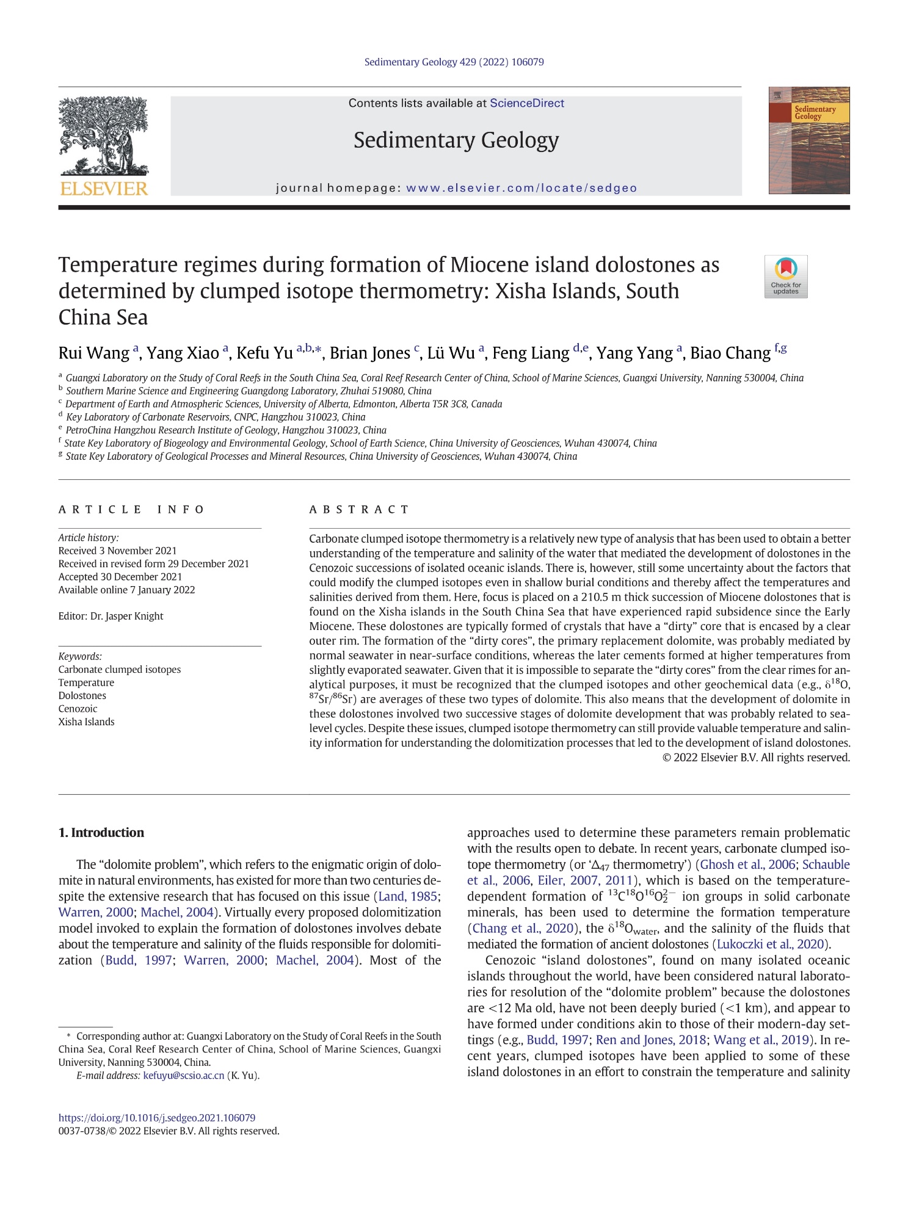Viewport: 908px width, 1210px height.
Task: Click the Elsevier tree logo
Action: pyautogui.click(x=104, y=138)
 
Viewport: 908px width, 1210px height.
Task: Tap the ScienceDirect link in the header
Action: pyautogui.click(x=526, y=103)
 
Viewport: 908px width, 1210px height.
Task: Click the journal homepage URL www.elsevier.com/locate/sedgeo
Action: pyautogui.click(x=521, y=188)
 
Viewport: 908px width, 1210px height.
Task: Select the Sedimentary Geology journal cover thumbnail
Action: pyautogui.click(x=808, y=140)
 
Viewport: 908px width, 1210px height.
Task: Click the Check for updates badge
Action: pyautogui.click(x=785, y=277)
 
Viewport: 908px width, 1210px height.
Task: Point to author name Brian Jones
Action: pyautogui.click(x=369, y=353)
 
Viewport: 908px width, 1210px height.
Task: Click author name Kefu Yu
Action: pyautogui.click(x=264, y=353)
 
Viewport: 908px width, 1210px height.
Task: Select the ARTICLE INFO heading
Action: pyautogui.click(x=132, y=509)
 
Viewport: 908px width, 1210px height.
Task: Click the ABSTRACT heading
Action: pyautogui.click(x=359, y=509)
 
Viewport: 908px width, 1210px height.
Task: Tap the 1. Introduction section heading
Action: pyautogui.click(x=101, y=833)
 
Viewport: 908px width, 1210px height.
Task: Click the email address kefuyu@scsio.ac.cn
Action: pyautogui.click(x=183, y=1076)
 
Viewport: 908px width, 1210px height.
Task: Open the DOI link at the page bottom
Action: pyautogui.click(x=157, y=1118)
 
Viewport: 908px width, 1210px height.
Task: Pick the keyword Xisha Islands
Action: pyautogui.click(x=87, y=722)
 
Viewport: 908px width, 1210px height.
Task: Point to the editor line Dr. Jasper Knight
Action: pyautogui.click(x=111, y=616)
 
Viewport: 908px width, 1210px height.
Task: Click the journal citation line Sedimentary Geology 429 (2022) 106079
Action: pyautogui.click(x=454, y=62)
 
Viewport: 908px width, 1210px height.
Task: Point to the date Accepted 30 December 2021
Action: pyautogui.click(x=120, y=576)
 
